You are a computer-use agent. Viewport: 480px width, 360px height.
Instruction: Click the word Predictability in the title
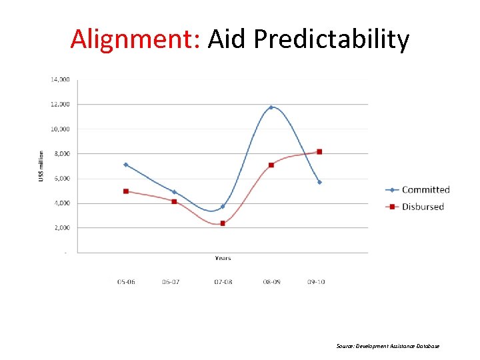click(x=331, y=40)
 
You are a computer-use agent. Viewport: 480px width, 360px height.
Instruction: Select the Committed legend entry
click(x=425, y=190)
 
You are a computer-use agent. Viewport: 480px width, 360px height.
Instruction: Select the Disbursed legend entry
click(x=423, y=207)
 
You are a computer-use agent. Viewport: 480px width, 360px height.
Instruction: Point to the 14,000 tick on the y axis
click(x=59, y=79)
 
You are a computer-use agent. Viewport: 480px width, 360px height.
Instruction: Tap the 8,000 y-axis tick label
click(x=61, y=153)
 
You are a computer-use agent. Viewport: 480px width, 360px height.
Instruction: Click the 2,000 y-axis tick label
click(x=61, y=227)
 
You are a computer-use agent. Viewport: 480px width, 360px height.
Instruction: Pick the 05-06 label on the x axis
click(x=125, y=282)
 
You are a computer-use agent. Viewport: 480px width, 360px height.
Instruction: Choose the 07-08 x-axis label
click(x=223, y=282)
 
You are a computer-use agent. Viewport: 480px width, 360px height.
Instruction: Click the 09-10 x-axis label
click(x=316, y=282)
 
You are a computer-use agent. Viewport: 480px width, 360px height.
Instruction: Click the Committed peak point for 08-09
click(x=271, y=107)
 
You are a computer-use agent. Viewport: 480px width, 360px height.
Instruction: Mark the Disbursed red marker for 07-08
click(x=223, y=223)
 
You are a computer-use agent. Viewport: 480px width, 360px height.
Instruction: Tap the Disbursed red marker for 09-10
click(x=319, y=152)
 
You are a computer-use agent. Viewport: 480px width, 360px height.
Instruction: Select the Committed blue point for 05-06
click(x=125, y=165)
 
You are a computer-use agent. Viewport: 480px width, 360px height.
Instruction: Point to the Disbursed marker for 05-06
click(x=125, y=191)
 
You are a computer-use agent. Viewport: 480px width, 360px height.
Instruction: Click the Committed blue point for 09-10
click(x=319, y=182)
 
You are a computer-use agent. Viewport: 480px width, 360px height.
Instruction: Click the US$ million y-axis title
click(x=41, y=166)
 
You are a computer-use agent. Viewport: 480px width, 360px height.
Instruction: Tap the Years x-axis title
click(x=223, y=258)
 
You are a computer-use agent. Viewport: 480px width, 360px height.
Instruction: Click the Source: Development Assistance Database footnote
click(x=388, y=346)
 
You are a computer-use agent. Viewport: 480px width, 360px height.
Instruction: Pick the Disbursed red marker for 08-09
click(x=271, y=165)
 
